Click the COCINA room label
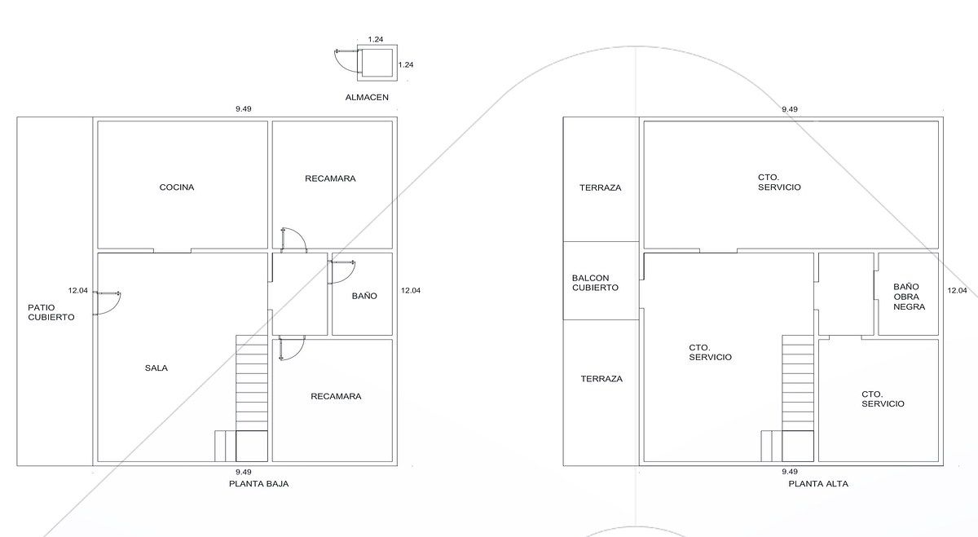coord(176,187)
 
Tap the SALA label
coord(156,368)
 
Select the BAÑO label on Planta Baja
coord(364,296)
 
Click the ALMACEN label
coord(367,97)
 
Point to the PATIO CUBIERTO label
coord(51,312)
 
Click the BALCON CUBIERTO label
coord(595,283)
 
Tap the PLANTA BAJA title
coord(259,484)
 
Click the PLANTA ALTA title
coord(818,484)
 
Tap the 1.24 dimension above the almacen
coord(376,39)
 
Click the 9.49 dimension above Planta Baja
coord(244,108)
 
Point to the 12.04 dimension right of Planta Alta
coord(957,290)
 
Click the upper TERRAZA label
coord(601,187)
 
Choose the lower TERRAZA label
coord(601,379)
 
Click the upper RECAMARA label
coord(330,178)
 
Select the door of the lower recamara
coord(292,348)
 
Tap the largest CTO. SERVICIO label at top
coord(779,183)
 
